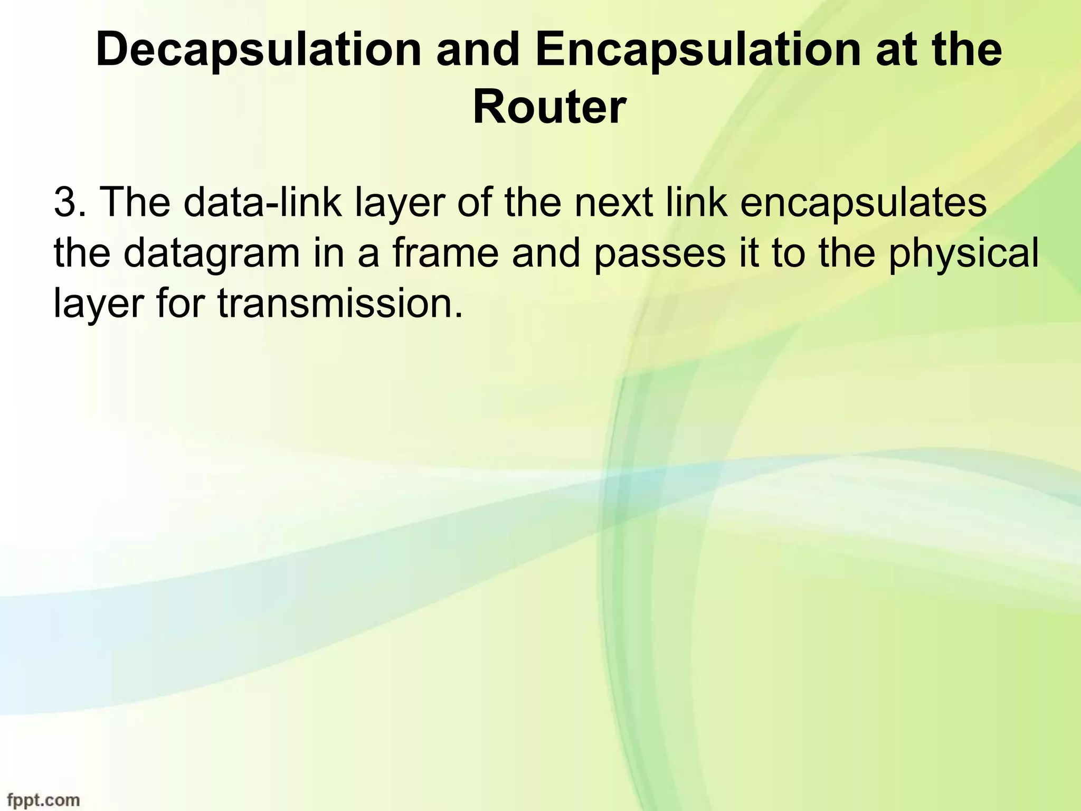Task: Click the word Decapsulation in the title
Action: (x=259, y=50)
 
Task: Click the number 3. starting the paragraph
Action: (x=71, y=203)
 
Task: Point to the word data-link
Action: (x=263, y=203)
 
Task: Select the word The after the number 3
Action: (x=135, y=203)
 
